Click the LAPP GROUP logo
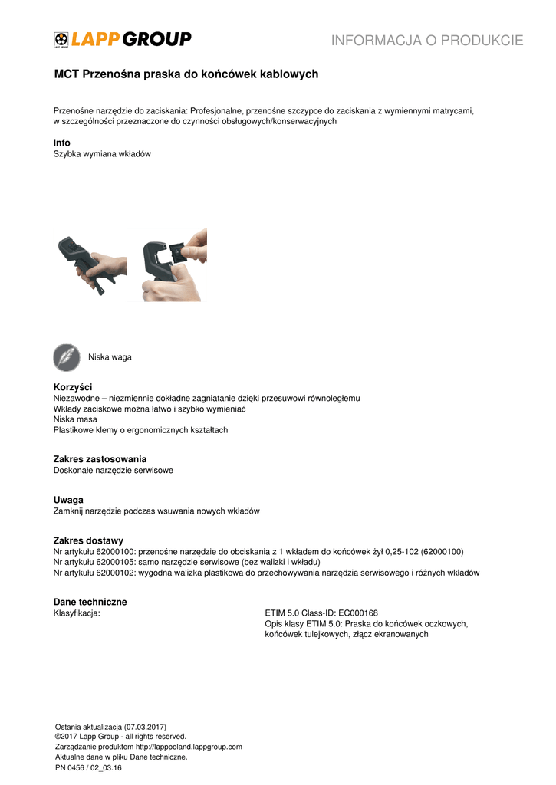click(122, 39)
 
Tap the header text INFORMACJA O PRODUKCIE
click(427, 41)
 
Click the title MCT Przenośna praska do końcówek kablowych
click(186, 74)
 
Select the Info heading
click(61, 143)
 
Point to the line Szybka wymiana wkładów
click(102, 154)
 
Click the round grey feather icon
click(67, 357)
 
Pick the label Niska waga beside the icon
click(110, 357)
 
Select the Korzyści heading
click(73, 387)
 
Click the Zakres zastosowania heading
click(100, 458)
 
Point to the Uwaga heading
click(68, 500)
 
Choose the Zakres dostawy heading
click(88, 540)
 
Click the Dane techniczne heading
click(90, 602)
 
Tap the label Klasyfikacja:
click(77, 613)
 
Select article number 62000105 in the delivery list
click(114, 562)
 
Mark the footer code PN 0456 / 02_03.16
click(89, 767)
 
